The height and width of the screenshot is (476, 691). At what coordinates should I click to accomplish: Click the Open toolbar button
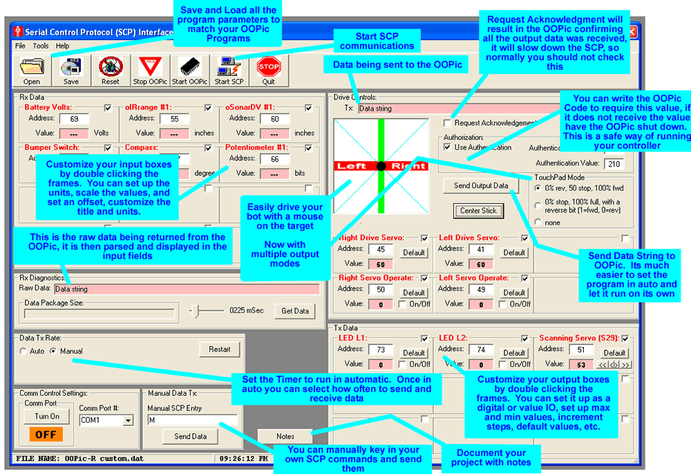31,70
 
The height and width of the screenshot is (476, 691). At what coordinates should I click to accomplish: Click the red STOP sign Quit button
268,70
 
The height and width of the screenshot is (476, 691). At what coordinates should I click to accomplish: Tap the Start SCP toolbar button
228,70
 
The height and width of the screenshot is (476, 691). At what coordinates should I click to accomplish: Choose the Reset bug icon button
111,70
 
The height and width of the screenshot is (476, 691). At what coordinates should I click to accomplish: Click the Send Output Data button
481,185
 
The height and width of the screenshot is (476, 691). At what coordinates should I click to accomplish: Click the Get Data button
295,311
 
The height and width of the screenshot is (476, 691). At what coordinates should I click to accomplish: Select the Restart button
220,350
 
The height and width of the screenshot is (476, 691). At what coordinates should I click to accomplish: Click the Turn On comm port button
47,417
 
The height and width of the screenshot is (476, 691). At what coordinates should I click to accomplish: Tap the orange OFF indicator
46,435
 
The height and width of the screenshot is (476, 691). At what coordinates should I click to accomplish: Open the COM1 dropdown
127,420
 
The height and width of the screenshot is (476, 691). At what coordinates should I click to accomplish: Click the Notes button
285,436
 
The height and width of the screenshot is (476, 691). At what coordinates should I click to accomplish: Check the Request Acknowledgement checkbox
448,123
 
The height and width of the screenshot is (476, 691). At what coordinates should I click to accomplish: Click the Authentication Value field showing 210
613,164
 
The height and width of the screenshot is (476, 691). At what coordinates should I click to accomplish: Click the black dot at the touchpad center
380,166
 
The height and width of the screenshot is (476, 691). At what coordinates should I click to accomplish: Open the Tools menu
41,46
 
